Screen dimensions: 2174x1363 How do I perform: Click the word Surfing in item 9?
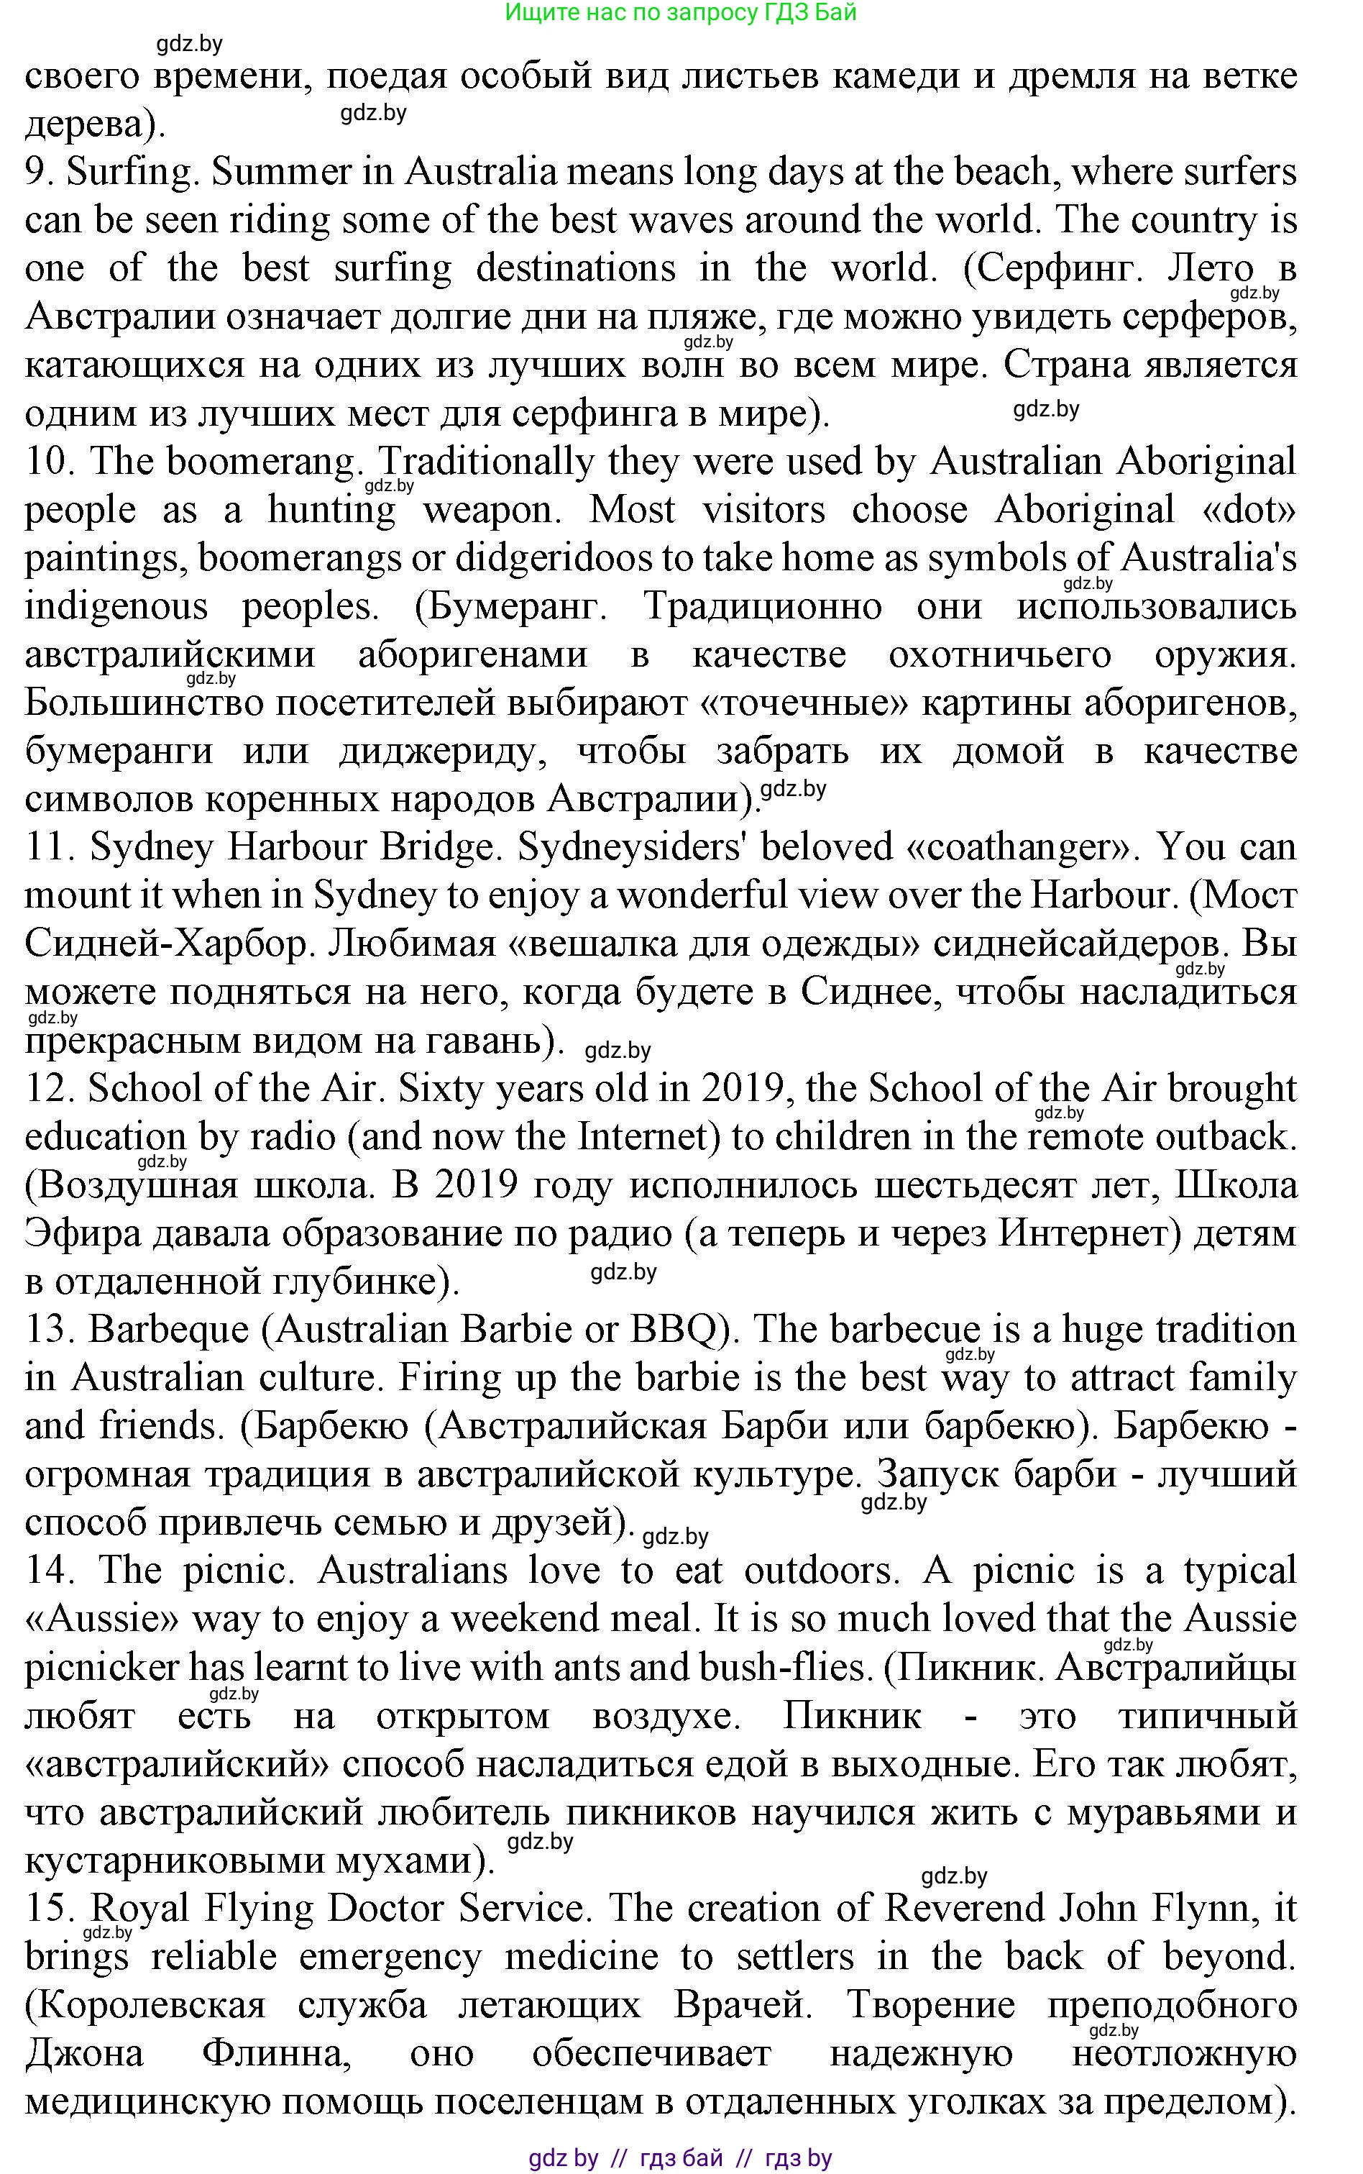pyautogui.click(x=132, y=172)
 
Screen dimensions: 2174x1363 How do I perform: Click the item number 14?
pyautogui.click(x=47, y=1571)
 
